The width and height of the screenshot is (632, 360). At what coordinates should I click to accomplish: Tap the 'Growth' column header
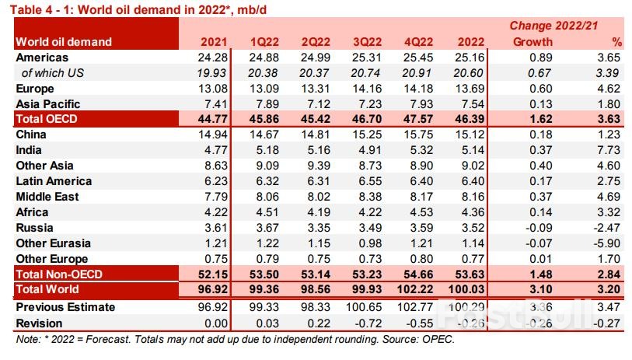pos(532,41)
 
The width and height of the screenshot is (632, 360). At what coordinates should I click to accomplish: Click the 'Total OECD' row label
pos(47,119)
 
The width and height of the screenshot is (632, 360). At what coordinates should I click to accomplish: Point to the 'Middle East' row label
pos(49,197)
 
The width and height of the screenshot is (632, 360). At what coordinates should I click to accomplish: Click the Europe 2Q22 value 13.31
pos(321,88)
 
